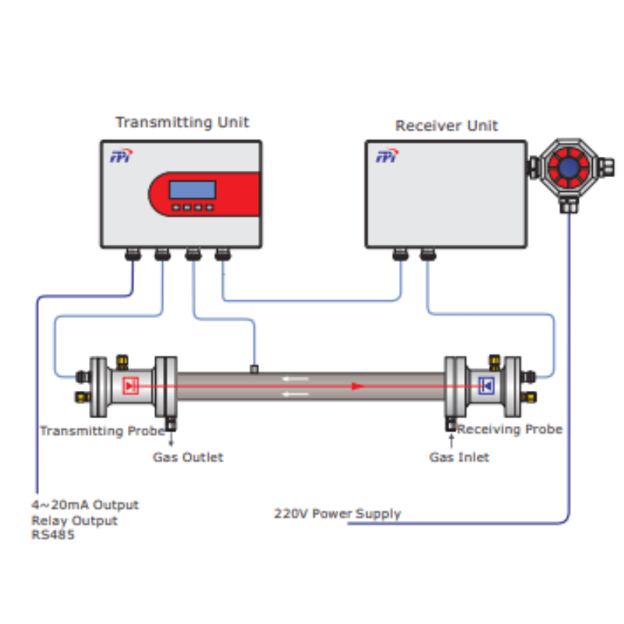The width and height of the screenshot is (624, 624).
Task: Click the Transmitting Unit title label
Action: [182, 122]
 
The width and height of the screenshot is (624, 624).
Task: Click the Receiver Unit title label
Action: [446, 126]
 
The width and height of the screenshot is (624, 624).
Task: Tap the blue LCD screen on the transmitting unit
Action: [193, 189]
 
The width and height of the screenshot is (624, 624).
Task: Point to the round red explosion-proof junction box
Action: [568, 167]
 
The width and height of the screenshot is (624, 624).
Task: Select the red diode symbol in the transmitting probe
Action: [131, 385]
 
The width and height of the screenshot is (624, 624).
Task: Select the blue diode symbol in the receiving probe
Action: [487, 385]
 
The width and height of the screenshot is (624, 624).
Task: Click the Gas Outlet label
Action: [188, 457]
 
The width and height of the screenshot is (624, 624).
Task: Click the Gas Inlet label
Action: [459, 457]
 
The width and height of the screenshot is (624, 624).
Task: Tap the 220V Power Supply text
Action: [337, 514]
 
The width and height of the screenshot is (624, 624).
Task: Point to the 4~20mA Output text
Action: [85, 505]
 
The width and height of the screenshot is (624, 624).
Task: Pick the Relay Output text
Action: [75, 520]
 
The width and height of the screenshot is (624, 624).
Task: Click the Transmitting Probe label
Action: [102, 431]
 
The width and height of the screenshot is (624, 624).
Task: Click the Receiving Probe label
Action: [509, 429]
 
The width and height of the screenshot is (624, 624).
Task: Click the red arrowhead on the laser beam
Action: [357, 385]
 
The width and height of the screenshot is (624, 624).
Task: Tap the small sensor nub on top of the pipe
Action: [253, 368]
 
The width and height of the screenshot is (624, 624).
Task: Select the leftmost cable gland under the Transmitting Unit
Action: [132, 253]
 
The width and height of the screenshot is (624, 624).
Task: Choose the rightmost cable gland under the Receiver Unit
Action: [426, 253]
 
